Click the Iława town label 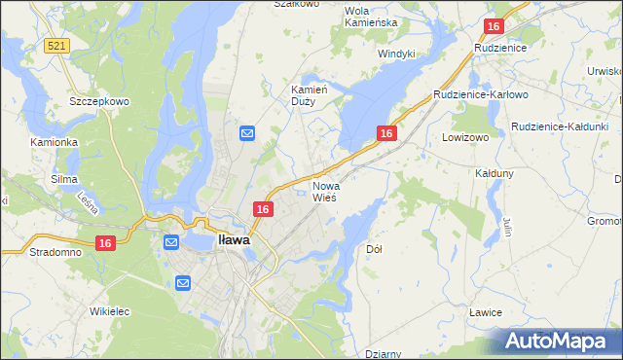pyautogui.click(x=234, y=238)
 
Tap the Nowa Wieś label pyautogui.click(x=324, y=191)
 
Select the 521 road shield pyautogui.click(x=56, y=47)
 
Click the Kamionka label pyautogui.click(x=54, y=142)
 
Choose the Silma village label pyautogui.click(x=63, y=180)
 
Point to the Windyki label pyautogui.click(x=396, y=54)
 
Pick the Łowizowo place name pyautogui.click(x=464, y=138)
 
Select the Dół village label pyautogui.click(x=375, y=249)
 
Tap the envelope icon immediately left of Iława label pyautogui.click(x=171, y=242)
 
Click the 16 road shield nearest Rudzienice pyautogui.click(x=494, y=27)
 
